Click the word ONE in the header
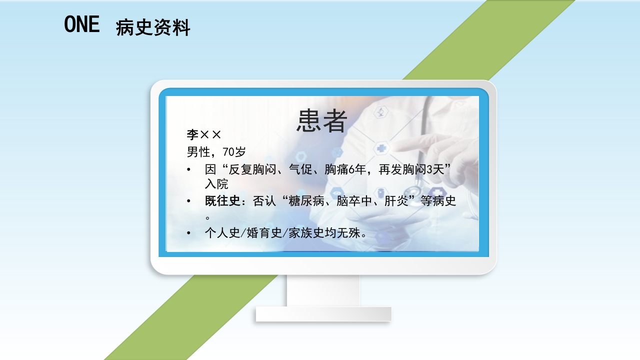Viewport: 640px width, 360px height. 82,24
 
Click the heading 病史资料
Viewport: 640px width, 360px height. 153,27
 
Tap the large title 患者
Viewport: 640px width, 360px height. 321,121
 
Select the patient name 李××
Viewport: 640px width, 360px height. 203,134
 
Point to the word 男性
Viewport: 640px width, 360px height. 198,151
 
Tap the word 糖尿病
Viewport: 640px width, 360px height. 311,201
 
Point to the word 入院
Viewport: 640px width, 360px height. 216,184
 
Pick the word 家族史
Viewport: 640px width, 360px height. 307,233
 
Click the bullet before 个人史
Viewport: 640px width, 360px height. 188,233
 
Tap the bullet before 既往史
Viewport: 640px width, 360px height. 188,201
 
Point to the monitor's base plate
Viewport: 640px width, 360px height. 323,314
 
